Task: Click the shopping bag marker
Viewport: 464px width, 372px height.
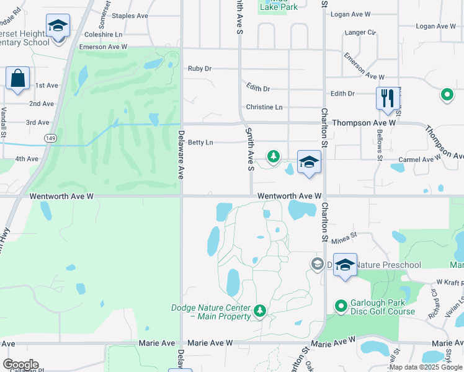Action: point(17,79)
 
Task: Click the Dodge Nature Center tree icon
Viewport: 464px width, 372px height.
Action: point(261,309)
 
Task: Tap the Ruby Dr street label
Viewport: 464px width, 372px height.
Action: point(200,69)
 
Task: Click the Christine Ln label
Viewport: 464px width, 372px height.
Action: point(264,107)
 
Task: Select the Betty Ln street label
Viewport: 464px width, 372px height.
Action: point(200,143)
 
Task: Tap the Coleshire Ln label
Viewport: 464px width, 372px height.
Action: point(103,35)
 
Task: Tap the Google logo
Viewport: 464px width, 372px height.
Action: point(20,365)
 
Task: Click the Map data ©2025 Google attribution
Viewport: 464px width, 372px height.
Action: point(426,367)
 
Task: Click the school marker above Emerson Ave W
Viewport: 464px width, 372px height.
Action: point(58,26)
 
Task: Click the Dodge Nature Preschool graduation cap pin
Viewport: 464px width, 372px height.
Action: point(345,265)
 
